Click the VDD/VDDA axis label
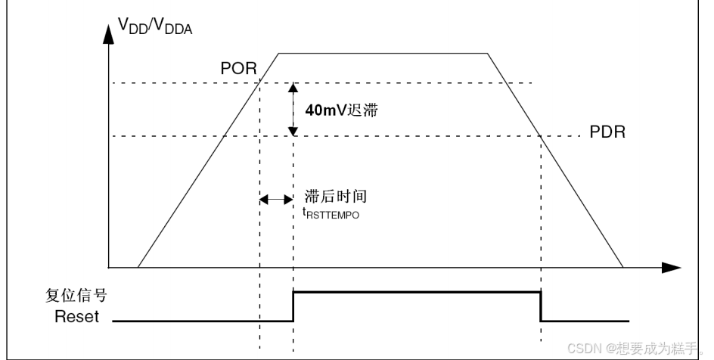pyautogui.click(x=155, y=28)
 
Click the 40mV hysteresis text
pyautogui.click(x=340, y=110)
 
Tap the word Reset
pyautogui.click(x=76, y=317)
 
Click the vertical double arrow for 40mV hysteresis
pyautogui.click(x=293, y=110)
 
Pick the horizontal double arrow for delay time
pyautogui.click(x=276, y=200)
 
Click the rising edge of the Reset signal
pyautogui.click(x=293, y=306)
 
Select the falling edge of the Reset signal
pyautogui.click(x=542, y=306)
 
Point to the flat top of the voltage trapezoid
pyautogui.click(x=383, y=53)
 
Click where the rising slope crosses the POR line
pyautogui.click(x=259, y=82)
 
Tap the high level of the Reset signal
pyautogui.click(x=416, y=291)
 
